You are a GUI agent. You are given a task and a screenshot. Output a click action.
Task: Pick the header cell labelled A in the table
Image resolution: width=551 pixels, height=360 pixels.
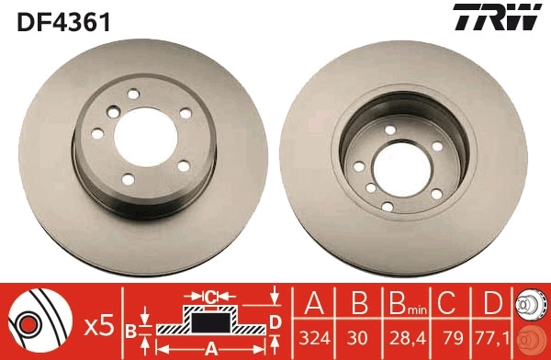[316, 303]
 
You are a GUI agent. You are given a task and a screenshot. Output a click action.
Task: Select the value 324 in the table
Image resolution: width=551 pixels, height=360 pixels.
[316, 338]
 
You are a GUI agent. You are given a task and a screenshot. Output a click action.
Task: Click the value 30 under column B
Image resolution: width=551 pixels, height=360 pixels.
[358, 338]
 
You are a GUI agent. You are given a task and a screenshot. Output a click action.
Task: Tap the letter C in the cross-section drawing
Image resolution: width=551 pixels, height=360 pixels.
[210, 296]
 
